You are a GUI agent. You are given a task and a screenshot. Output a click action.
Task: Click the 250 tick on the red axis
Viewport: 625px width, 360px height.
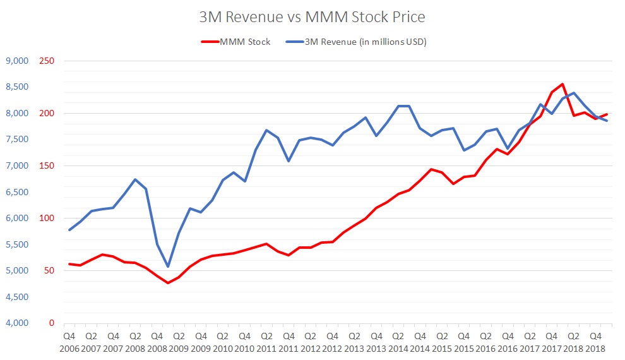click(47, 61)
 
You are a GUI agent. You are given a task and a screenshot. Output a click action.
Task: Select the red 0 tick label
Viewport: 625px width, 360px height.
click(51, 323)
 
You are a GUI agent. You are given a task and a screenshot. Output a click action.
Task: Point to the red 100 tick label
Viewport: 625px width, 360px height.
click(47, 219)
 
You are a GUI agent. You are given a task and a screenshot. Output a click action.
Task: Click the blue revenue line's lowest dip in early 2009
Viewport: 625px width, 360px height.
click(168, 267)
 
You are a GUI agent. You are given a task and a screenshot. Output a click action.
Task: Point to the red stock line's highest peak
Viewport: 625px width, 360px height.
click(562, 84)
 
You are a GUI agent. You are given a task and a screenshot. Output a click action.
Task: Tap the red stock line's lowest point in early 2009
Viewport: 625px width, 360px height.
click(168, 283)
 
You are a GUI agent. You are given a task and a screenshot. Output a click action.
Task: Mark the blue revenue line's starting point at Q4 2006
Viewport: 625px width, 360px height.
click(69, 230)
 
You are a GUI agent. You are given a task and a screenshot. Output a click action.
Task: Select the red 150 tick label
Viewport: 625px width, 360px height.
click(47, 166)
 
